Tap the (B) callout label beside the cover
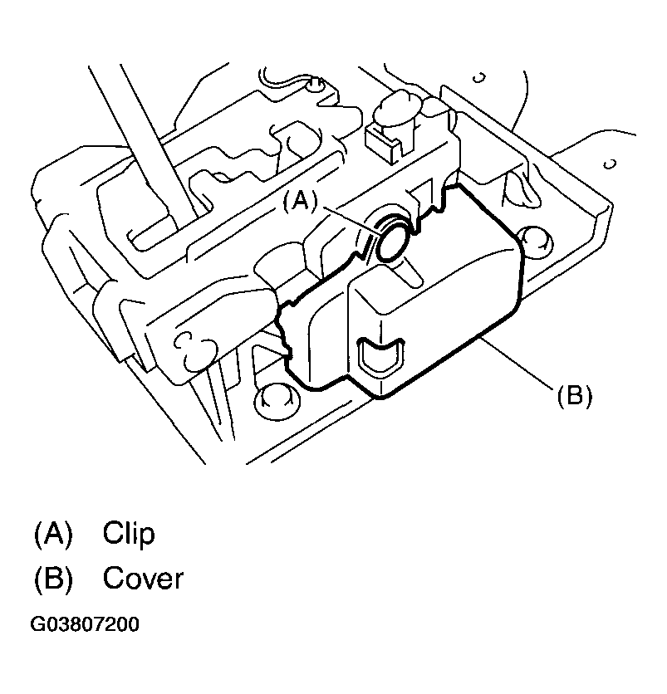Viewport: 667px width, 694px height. [574, 396]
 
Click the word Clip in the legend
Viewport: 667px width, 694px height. [129, 533]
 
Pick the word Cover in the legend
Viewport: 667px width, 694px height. [142, 578]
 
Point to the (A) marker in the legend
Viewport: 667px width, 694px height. [54, 533]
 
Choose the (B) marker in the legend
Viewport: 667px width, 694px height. [54, 578]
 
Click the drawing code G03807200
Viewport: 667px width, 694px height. [85, 624]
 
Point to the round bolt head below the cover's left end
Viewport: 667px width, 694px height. [276, 397]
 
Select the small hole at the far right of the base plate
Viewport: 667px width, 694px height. [611, 164]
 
